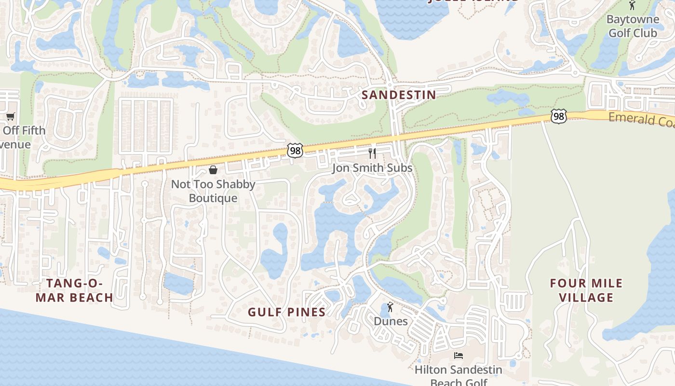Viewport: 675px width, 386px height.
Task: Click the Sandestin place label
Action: tap(399, 95)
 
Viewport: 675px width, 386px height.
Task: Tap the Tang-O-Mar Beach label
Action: tap(74, 290)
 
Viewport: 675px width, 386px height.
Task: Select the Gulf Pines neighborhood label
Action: tap(287, 312)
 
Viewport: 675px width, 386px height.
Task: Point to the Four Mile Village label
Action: tap(586, 290)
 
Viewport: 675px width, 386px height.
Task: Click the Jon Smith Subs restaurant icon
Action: tap(372, 153)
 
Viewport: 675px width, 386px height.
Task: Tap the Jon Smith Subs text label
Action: tap(372, 168)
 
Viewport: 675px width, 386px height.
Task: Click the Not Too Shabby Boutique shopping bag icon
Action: tap(213, 170)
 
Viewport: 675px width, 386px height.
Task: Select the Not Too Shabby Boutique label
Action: tap(213, 191)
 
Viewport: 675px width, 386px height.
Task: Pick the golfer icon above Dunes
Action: tap(390, 307)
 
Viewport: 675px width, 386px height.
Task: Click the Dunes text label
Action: tap(391, 321)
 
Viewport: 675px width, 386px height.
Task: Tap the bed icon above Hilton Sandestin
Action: tap(459, 356)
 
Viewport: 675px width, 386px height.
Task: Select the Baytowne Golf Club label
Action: tap(633, 27)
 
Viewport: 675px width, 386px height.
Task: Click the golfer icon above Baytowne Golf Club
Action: tap(632, 5)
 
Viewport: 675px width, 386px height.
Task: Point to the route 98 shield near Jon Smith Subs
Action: tap(295, 151)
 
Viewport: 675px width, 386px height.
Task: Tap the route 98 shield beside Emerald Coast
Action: tap(558, 116)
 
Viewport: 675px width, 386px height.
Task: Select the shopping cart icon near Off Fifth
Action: tap(10, 116)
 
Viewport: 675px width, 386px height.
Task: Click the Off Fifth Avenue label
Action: tap(19, 138)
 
